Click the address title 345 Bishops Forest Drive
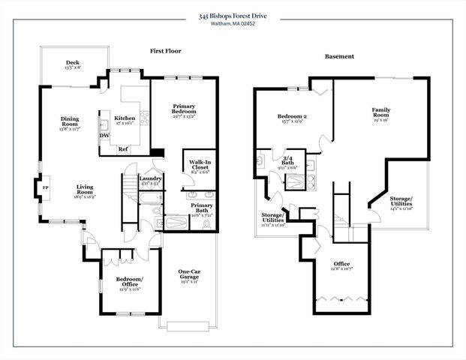[x=233, y=15]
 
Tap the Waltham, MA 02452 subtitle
[x=233, y=23]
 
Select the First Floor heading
[x=166, y=52]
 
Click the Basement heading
[x=339, y=56]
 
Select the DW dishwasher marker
[x=104, y=136]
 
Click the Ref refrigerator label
[x=123, y=149]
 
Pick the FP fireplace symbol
[x=46, y=187]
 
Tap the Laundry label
[x=151, y=180]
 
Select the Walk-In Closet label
[x=199, y=166]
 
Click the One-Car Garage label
[x=189, y=276]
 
